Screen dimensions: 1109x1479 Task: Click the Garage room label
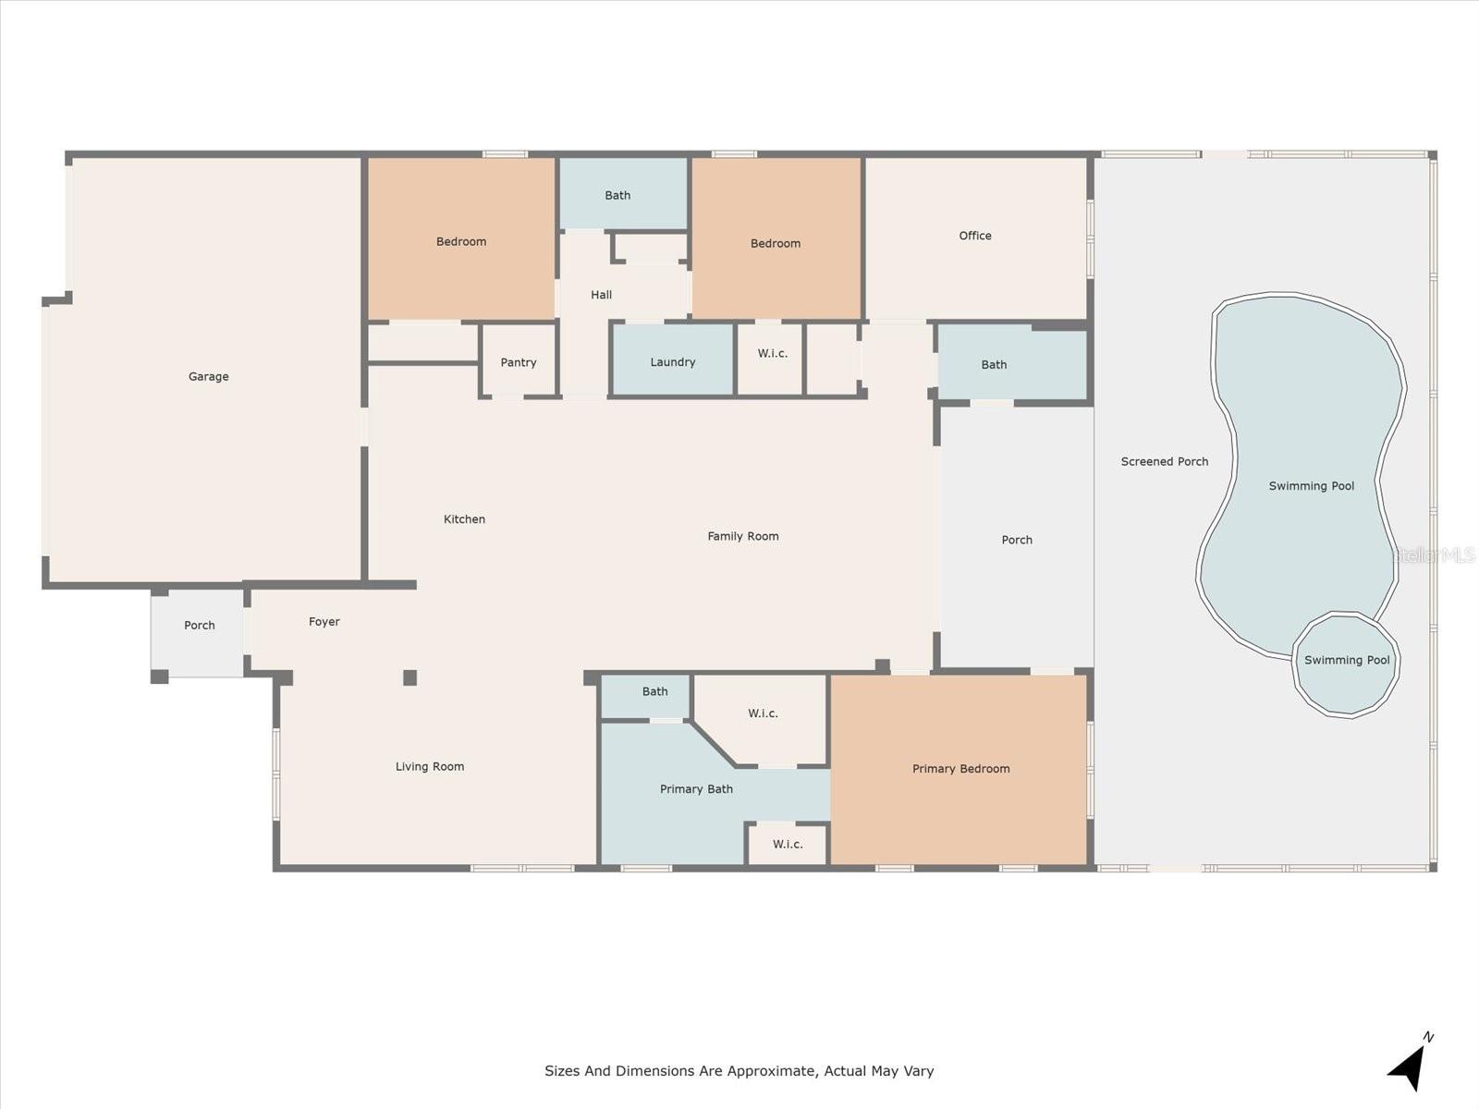[208, 376]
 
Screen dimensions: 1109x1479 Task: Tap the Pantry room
[519, 361]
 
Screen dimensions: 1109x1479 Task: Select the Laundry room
[672, 361]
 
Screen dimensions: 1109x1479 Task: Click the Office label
[974, 236]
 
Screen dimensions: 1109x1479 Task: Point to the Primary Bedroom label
[960, 768]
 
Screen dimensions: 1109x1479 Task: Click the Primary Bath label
[696, 788]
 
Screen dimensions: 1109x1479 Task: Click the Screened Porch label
[1164, 461]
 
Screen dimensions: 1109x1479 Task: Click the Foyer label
[324, 622]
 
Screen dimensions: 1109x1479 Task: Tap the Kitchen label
[464, 519]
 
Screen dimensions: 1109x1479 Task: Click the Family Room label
[742, 536]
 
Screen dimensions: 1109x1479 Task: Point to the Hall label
[601, 295]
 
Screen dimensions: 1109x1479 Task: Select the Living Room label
[429, 766]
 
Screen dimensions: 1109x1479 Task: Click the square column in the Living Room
[409, 677]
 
